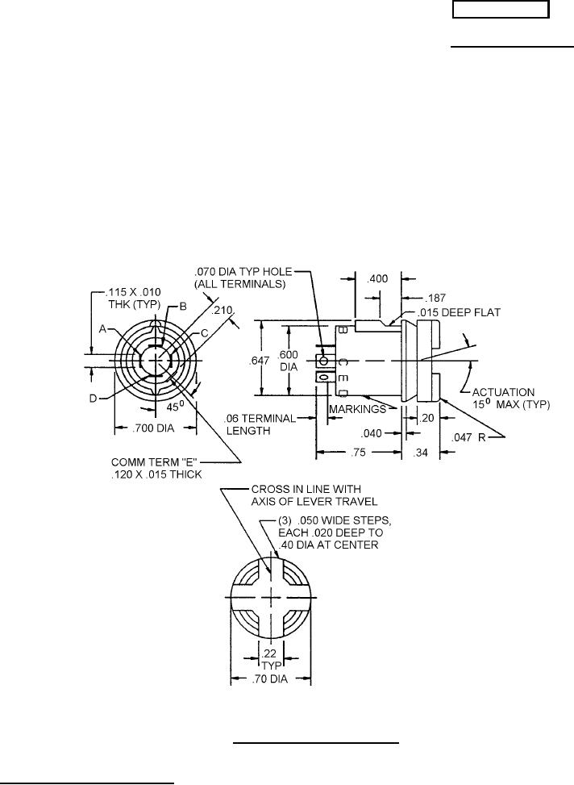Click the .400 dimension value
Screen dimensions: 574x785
(x=376, y=278)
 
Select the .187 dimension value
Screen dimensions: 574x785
(x=435, y=298)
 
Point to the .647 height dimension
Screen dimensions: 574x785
(x=260, y=361)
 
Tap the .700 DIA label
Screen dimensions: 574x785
(x=153, y=428)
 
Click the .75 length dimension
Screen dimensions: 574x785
(x=358, y=453)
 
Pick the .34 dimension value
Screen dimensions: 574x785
(x=421, y=453)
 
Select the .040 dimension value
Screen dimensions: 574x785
(x=372, y=433)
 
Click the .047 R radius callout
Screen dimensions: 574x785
(x=468, y=437)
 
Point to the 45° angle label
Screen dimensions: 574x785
(x=173, y=407)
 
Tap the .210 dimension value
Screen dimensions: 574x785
(x=223, y=311)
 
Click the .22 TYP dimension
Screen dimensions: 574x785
(x=271, y=659)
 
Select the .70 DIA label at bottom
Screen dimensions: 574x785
(x=271, y=679)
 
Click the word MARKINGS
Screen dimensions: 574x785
(x=357, y=410)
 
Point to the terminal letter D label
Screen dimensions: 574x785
(x=93, y=399)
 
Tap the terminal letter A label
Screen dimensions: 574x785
(x=102, y=329)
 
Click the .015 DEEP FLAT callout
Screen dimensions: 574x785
(x=459, y=313)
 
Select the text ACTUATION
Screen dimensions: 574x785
(x=503, y=392)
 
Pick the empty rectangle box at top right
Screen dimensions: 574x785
(x=501, y=10)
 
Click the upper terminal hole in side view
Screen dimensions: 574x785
(x=324, y=361)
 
